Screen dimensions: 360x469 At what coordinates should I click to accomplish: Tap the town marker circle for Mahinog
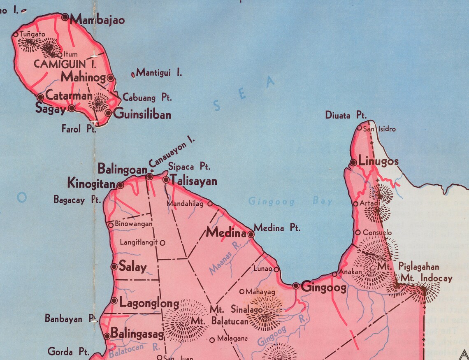pos(110,77)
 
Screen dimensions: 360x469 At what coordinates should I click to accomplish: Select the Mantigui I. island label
pos(159,73)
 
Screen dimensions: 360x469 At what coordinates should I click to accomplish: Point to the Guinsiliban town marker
pos(108,113)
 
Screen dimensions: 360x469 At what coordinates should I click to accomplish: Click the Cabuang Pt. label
pos(147,98)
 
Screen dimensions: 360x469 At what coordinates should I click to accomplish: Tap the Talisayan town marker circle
pos(166,180)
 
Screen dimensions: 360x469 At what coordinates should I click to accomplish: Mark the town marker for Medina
pos(251,234)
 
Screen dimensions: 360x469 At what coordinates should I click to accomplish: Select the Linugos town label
pos(378,161)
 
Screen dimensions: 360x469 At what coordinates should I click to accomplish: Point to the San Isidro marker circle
pos(359,128)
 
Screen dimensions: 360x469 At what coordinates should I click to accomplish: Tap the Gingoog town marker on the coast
pos(296,286)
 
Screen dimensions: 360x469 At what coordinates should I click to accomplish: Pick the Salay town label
pos(132,267)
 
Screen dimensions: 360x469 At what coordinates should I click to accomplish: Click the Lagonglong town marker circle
pos(114,301)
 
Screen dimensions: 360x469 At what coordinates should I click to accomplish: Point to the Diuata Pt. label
pos(346,116)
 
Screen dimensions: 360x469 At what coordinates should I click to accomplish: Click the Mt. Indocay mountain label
pos(426,279)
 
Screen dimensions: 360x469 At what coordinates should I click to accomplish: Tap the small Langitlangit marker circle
pos(163,243)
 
